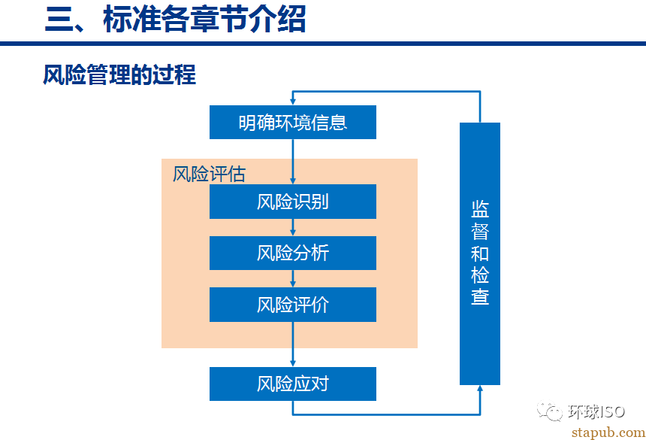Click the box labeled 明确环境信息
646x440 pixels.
pyautogui.click(x=292, y=122)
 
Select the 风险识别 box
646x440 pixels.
pyautogui.click(x=292, y=202)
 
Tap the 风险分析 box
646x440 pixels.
pyautogui.click(x=292, y=253)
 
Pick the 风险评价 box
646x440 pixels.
pyautogui.click(x=292, y=305)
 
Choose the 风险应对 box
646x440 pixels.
pyautogui.click(x=292, y=384)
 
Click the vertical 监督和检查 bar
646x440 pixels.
pyautogui.click(x=479, y=253)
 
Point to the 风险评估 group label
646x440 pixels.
pyautogui.click(x=209, y=174)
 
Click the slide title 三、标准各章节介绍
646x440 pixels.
pyautogui.click(x=176, y=20)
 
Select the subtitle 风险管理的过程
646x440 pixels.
pyautogui.click(x=119, y=74)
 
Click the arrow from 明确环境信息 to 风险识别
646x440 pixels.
pyautogui.click(x=292, y=162)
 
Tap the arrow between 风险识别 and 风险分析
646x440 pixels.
pyautogui.click(x=292, y=227)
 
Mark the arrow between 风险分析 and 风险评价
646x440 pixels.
pyautogui.click(x=292, y=278)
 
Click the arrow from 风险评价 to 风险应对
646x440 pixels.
pyautogui.click(x=292, y=344)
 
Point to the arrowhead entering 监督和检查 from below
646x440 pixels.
pyautogui.click(x=479, y=388)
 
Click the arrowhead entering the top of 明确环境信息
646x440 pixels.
pyautogui.click(x=292, y=102)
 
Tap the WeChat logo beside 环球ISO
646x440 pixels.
pyautogui.click(x=550, y=411)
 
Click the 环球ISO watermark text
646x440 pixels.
pyautogui.click(x=596, y=411)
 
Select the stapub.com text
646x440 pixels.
pyautogui.click(x=608, y=432)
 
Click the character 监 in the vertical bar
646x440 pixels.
pyautogui.click(x=480, y=209)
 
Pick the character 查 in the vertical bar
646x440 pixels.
pyautogui.click(x=480, y=296)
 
